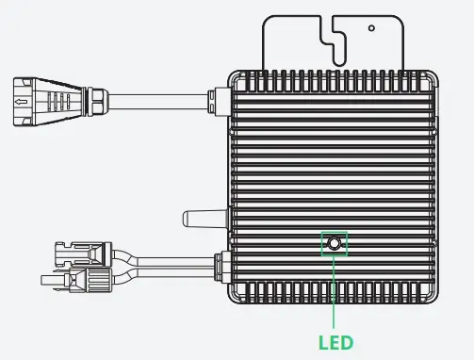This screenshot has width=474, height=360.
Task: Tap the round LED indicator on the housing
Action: pyautogui.click(x=335, y=245)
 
